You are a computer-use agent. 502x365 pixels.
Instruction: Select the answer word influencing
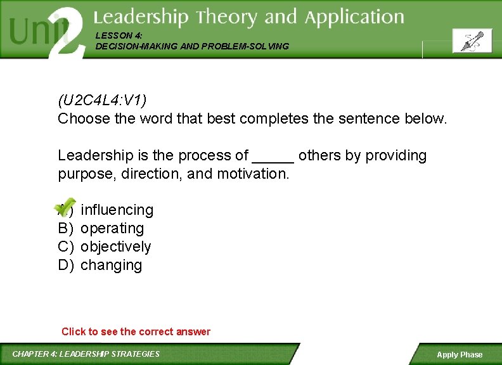117,210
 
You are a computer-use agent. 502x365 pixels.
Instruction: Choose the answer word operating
112,228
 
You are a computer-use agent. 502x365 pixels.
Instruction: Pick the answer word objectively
115,247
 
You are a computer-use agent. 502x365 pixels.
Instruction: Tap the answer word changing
111,265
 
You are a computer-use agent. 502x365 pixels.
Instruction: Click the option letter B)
66,228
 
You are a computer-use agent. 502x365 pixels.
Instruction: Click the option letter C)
66,247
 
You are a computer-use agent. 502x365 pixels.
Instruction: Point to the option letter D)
66,265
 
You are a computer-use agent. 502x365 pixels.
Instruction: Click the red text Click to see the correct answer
136,331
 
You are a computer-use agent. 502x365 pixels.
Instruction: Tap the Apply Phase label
460,355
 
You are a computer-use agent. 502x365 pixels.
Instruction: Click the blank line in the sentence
273,157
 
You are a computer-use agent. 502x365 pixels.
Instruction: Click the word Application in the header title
354,17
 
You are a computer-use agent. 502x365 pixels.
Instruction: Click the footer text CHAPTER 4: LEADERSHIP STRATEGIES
86,354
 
